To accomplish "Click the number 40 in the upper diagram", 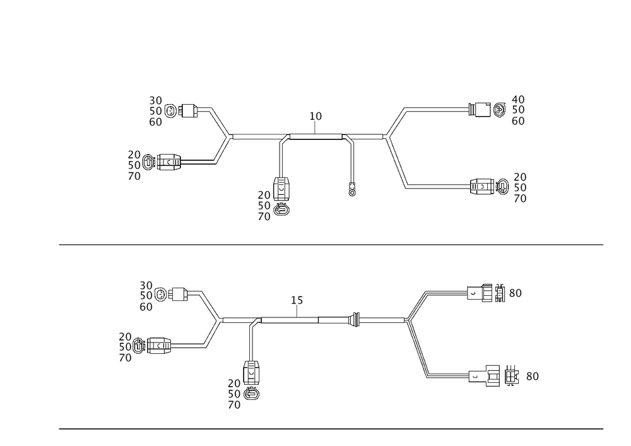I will [x=519, y=99].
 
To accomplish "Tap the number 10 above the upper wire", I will [x=315, y=116].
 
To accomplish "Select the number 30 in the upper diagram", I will [x=156, y=100].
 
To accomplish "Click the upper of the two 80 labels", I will [x=514, y=293].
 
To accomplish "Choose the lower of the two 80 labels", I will [x=532, y=377].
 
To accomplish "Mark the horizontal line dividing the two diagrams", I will [x=331, y=246].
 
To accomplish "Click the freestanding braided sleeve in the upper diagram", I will [x=396, y=148].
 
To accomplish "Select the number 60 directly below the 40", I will [x=519, y=121].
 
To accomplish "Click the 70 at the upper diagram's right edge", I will [x=521, y=199].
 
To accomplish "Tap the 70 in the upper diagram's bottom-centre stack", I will [x=264, y=216].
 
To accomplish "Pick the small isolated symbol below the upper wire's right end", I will [x=353, y=191].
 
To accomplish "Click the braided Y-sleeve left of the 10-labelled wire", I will [x=221, y=136].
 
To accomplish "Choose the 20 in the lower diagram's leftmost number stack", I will [x=126, y=337].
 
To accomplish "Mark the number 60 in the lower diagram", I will [x=146, y=307].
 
